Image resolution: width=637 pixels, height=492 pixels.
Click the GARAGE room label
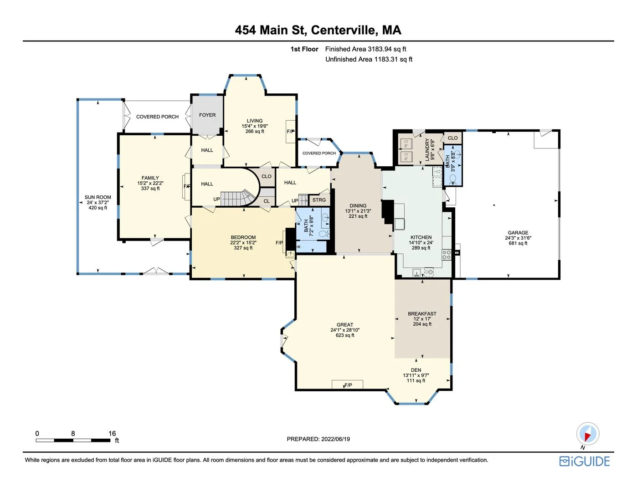tap(518, 233)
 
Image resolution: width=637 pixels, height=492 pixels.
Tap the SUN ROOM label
tap(98, 197)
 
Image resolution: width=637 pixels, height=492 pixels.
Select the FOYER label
tap(207, 115)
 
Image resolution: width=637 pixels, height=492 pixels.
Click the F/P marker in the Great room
tap(348, 385)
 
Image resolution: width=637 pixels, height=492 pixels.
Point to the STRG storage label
tap(319, 200)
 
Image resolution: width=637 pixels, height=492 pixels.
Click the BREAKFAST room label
tap(422, 314)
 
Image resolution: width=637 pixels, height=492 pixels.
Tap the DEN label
tap(416, 370)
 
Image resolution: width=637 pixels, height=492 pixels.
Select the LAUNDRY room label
tap(427, 149)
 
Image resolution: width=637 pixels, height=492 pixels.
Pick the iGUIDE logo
tap(585, 461)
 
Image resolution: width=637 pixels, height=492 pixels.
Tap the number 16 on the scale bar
tap(112, 434)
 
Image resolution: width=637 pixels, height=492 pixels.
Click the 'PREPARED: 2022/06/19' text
tap(318, 439)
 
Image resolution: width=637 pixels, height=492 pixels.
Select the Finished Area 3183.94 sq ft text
tap(365, 49)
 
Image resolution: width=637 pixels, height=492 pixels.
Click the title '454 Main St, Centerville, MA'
tap(318, 30)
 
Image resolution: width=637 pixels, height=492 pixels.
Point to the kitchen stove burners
tap(447, 255)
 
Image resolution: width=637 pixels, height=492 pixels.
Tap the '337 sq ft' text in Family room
tap(150, 189)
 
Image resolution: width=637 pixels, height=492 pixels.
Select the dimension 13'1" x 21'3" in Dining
tap(358, 211)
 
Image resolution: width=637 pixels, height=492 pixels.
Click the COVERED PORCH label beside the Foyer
tap(157, 117)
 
